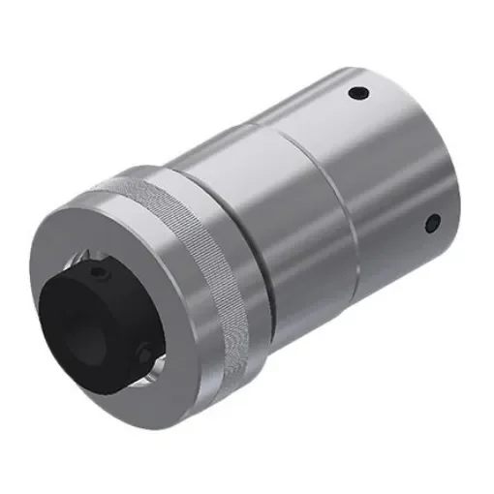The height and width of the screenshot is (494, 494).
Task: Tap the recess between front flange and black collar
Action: point(145,291)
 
